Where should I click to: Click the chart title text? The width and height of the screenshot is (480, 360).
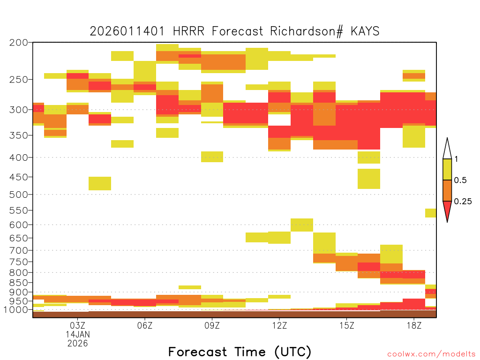[x=234, y=31]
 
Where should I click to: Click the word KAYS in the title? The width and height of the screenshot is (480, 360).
[x=365, y=31]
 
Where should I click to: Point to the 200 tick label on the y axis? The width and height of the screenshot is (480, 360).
[x=19, y=43]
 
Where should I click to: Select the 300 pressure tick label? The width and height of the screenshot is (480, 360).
[x=19, y=110]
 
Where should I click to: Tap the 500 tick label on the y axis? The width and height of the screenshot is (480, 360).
[x=19, y=195]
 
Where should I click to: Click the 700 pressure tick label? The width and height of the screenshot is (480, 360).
[x=19, y=250]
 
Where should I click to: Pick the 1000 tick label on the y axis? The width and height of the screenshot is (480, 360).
[x=16, y=310]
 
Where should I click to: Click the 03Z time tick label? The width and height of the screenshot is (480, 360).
[x=77, y=325]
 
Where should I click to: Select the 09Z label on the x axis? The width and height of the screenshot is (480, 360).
[x=212, y=325]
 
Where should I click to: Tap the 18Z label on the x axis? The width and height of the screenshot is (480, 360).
[x=414, y=325]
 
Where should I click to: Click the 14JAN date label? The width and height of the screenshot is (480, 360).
[x=78, y=334]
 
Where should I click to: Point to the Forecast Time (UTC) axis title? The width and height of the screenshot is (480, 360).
[x=240, y=352]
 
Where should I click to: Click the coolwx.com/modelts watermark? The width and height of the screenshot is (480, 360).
[x=431, y=354]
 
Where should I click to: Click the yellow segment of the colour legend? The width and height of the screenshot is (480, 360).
[x=447, y=169]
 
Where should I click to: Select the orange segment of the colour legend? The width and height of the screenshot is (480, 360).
[x=447, y=190]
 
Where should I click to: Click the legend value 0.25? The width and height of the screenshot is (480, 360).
[x=463, y=202]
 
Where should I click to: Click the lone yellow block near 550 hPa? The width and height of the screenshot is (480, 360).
[x=431, y=213]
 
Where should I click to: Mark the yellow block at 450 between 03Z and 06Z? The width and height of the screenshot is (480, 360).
[x=100, y=183]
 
